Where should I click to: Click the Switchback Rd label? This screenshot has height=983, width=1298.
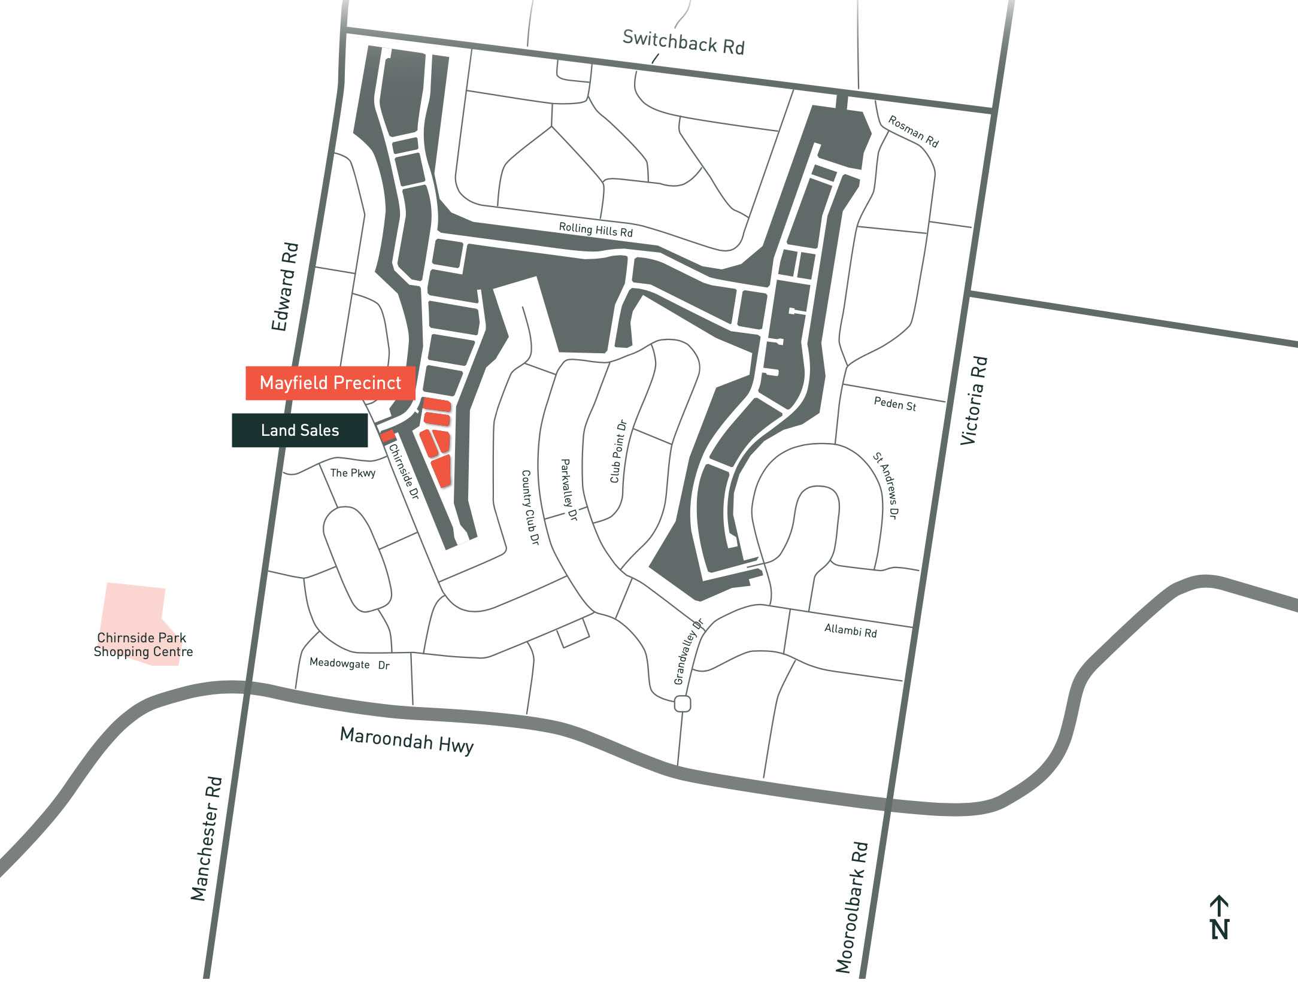click(683, 42)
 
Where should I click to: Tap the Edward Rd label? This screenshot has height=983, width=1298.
click(285, 287)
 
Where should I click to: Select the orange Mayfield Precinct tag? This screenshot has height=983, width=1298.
click(330, 383)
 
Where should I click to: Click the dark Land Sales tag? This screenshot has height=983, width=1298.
click(300, 430)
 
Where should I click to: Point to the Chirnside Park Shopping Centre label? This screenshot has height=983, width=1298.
click(143, 645)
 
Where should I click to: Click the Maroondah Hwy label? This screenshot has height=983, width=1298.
click(407, 741)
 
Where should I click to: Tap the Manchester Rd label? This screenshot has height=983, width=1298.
click(207, 838)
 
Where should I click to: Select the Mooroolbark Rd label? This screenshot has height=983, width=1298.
click(852, 907)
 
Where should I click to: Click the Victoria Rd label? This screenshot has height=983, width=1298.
click(974, 401)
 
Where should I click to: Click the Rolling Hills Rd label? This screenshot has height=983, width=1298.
click(596, 229)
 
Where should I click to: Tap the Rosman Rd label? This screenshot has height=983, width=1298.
click(913, 131)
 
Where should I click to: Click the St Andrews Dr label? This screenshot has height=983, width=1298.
click(886, 486)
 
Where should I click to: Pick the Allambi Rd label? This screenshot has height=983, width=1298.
click(850, 630)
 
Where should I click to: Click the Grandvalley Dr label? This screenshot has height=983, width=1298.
click(689, 651)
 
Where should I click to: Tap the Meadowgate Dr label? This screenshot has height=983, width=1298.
click(350, 663)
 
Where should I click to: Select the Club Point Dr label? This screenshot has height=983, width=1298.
click(618, 451)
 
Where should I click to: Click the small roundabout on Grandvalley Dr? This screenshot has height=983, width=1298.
click(683, 703)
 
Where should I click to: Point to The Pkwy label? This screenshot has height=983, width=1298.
click(353, 473)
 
